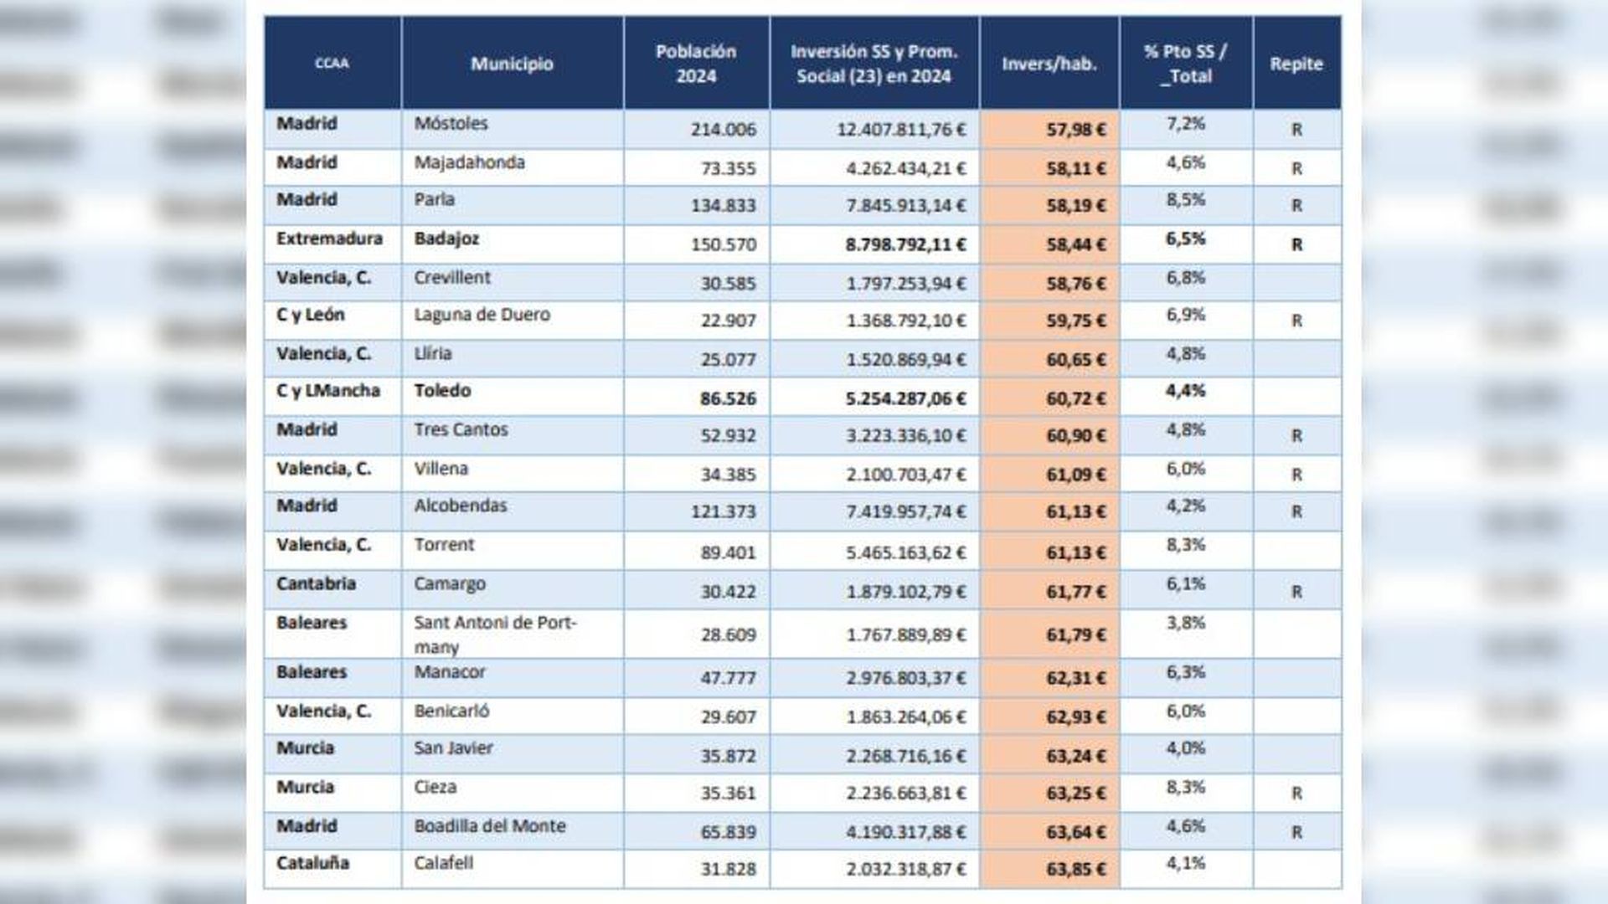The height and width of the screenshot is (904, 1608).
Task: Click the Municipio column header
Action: pos(512,64)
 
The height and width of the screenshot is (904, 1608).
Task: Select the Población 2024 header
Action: pos(696,64)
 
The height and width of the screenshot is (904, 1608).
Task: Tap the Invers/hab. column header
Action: pos(1049,64)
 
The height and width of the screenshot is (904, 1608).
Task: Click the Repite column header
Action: pos(1296,64)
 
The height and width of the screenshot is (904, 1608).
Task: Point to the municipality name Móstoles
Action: pos(451,123)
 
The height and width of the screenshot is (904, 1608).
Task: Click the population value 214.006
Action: pos(723,129)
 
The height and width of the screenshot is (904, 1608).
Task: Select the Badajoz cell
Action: pos(446,239)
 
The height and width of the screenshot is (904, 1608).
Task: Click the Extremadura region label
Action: pos(329,239)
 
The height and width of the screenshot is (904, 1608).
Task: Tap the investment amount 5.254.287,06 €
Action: pos(905,398)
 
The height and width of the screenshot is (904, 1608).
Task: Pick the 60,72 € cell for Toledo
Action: pos(1075,398)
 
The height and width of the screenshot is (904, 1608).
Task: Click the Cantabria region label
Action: pos(316,583)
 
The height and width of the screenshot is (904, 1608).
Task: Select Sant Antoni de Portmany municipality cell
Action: pos(494,634)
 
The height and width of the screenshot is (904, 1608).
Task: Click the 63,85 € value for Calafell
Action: pos(1075,869)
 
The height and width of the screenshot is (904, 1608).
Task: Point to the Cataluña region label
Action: pos(312,863)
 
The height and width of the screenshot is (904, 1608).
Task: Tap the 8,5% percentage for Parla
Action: pos(1185,200)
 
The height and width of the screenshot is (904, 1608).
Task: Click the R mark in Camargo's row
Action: pos(1296,592)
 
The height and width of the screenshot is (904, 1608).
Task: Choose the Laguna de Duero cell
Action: pos(482,315)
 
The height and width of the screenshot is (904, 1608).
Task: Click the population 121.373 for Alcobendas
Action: pos(723,511)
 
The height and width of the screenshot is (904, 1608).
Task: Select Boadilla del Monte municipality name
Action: pos(489,826)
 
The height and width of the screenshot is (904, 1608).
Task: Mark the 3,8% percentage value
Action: pos(1185,623)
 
